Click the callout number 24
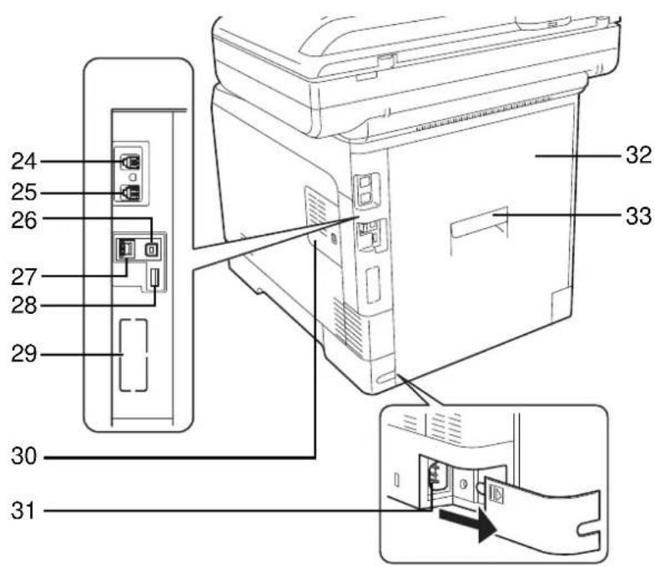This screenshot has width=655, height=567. tap(24, 161)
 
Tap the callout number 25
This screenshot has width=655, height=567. tap(24, 192)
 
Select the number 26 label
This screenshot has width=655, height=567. tap(24, 220)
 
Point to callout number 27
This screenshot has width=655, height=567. tap(24, 277)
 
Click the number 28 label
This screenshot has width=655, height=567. tap(24, 306)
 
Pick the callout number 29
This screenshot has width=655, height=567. tap(24, 354)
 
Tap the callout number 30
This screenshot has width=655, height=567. tap(24, 456)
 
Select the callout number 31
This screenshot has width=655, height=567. tap(24, 511)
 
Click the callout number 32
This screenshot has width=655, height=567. tap(637, 155)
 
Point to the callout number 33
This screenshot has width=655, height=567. tap(637, 216)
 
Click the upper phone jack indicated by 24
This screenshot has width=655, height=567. tap(131, 162)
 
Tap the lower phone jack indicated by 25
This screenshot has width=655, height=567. tap(131, 192)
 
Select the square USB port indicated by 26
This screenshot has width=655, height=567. tap(151, 249)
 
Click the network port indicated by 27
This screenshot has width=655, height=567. tap(125, 248)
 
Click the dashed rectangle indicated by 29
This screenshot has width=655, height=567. tap(134, 355)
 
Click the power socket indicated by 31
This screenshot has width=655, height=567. tap(435, 478)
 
